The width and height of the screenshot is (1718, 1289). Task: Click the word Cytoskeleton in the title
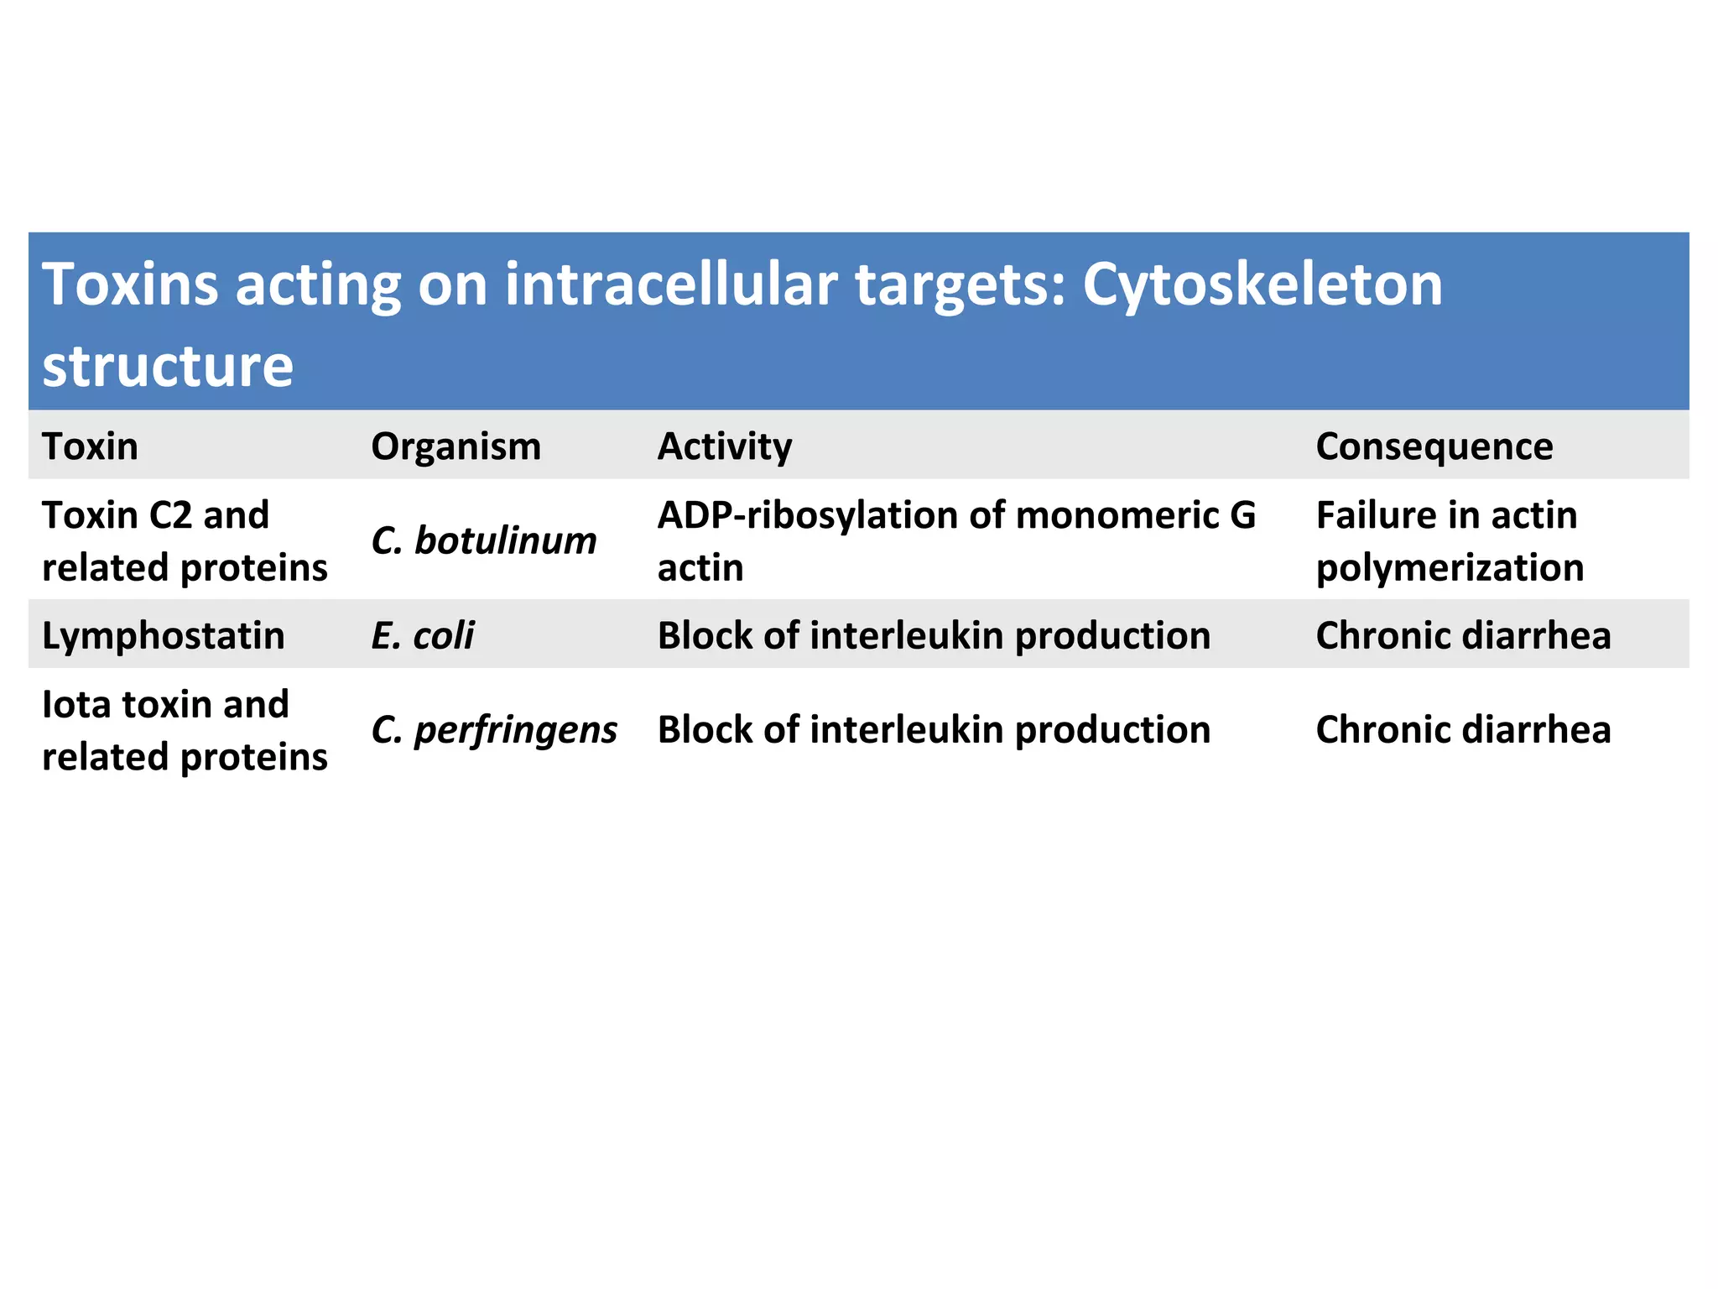pyautogui.click(x=1262, y=285)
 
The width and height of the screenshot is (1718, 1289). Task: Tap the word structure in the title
pyautogui.click(x=168, y=366)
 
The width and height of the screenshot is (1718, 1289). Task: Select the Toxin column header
pyautogui.click(x=90, y=446)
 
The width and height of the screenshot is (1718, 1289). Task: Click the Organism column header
pyautogui.click(x=456, y=446)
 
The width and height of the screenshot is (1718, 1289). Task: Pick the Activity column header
pyautogui.click(x=724, y=446)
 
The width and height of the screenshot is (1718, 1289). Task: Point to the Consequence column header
pyautogui.click(x=1434, y=446)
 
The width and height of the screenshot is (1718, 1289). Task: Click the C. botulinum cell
pyautogui.click(x=483, y=541)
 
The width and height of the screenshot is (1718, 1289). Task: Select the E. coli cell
pyautogui.click(x=422, y=635)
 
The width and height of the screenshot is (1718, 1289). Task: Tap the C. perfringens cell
pyautogui.click(x=493, y=730)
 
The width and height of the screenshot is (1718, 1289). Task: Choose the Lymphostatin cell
pyautogui.click(x=164, y=635)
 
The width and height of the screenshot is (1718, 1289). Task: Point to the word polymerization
pyautogui.click(x=1450, y=568)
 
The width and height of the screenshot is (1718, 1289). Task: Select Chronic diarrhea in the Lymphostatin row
pyautogui.click(x=1463, y=635)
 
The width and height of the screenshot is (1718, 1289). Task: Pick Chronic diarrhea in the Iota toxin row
pyautogui.click(x=1463, y=730)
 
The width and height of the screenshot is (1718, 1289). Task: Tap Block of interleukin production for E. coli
pyautogui.click(x=934, y=635)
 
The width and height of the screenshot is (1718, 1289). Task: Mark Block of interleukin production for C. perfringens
pyautogui.click(x=934, y=730)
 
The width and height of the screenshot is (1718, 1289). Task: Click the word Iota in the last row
pyautogui.click(x=76, y=704)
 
